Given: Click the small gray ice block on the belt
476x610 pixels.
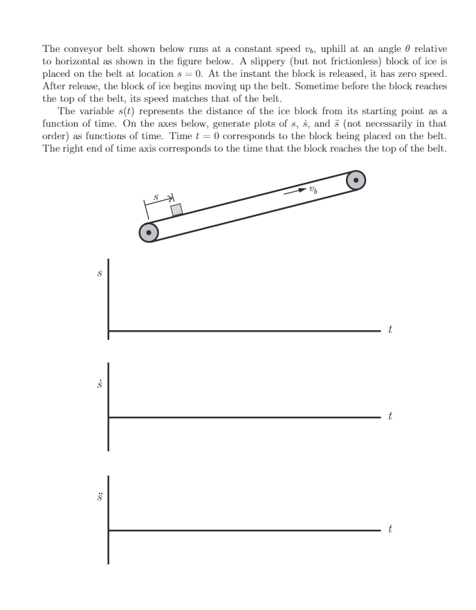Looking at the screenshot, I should point(176,210).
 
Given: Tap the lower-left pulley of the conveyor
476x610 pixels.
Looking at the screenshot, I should point(149,233).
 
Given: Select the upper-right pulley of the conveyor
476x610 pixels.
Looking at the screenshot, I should point(356,180).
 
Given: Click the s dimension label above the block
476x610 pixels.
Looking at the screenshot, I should point(156,197).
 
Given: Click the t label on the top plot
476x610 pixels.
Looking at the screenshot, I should point(391,331).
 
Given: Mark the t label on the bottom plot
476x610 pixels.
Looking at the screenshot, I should point(391,530).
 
